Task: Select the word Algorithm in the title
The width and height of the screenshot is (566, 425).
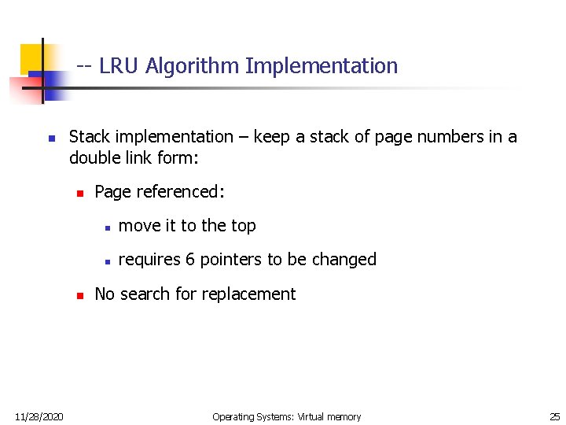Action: coord(191,66)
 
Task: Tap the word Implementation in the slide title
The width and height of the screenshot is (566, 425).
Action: coord(322,66)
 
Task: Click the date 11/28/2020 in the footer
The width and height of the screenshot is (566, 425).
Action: coord(39,416)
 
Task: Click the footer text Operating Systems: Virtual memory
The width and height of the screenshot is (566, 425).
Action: coord(286,416)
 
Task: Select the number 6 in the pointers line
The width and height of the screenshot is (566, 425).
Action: coord(190,260)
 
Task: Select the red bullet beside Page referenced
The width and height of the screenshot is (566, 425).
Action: coord(79,193)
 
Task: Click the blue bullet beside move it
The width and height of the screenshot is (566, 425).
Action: coord(105,227)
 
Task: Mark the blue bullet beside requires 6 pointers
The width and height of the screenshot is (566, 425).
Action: coord(105,261)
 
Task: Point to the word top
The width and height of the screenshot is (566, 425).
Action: coord(243,226)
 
